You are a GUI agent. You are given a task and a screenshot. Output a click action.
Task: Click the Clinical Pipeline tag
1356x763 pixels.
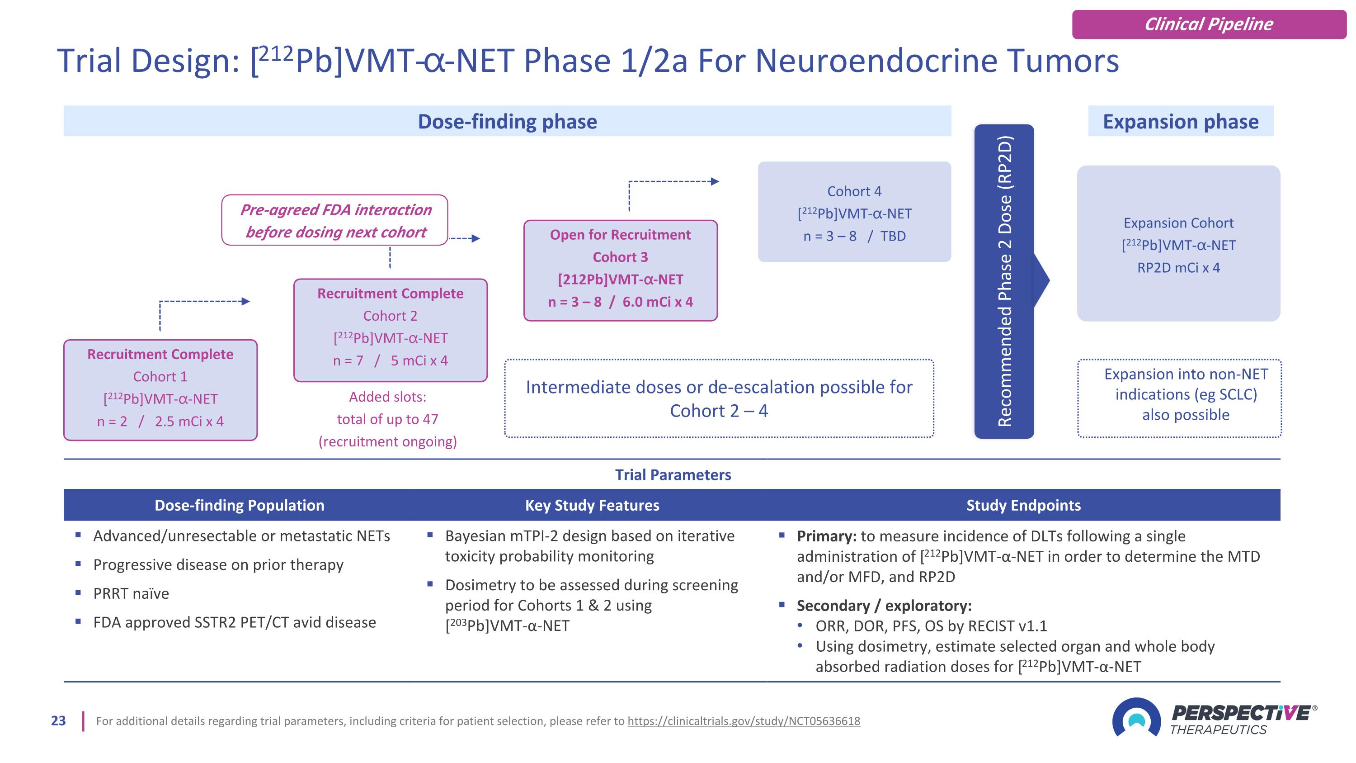point(1209,24)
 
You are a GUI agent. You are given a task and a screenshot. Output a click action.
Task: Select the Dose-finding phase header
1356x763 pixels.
point(507,121)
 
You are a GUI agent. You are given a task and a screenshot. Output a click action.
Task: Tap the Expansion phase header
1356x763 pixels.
point(1180,121)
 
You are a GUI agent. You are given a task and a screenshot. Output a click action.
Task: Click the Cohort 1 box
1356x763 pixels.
point(160,390)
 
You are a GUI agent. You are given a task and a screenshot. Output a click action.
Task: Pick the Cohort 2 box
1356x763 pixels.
point(390,330)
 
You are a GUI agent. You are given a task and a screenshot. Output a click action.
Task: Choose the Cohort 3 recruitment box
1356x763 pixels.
point(620,270)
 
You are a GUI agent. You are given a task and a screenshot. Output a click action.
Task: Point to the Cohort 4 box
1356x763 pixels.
point(854,212)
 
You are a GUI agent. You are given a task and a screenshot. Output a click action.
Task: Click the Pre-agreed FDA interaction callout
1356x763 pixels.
point(335,220)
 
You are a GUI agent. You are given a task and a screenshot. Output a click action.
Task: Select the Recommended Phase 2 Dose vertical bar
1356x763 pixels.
point(1003,281)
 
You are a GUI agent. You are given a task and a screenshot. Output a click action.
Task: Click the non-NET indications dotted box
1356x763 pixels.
point(1179,398)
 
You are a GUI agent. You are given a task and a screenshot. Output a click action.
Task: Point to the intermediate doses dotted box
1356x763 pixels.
point(719,398)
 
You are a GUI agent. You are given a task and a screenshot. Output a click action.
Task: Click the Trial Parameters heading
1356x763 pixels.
point(673,475)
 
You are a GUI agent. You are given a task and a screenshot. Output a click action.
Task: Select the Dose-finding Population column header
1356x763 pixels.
point(239,505)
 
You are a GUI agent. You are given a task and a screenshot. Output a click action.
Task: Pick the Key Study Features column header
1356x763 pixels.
point(592,505)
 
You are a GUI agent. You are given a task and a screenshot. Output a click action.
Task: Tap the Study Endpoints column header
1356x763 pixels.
point(1023,505)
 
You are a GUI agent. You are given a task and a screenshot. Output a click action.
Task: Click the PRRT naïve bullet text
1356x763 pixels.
point(131,593)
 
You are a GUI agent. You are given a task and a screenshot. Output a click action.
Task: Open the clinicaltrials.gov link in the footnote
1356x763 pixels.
point(743,721)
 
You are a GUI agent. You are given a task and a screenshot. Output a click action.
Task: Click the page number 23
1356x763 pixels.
point(58,721)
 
